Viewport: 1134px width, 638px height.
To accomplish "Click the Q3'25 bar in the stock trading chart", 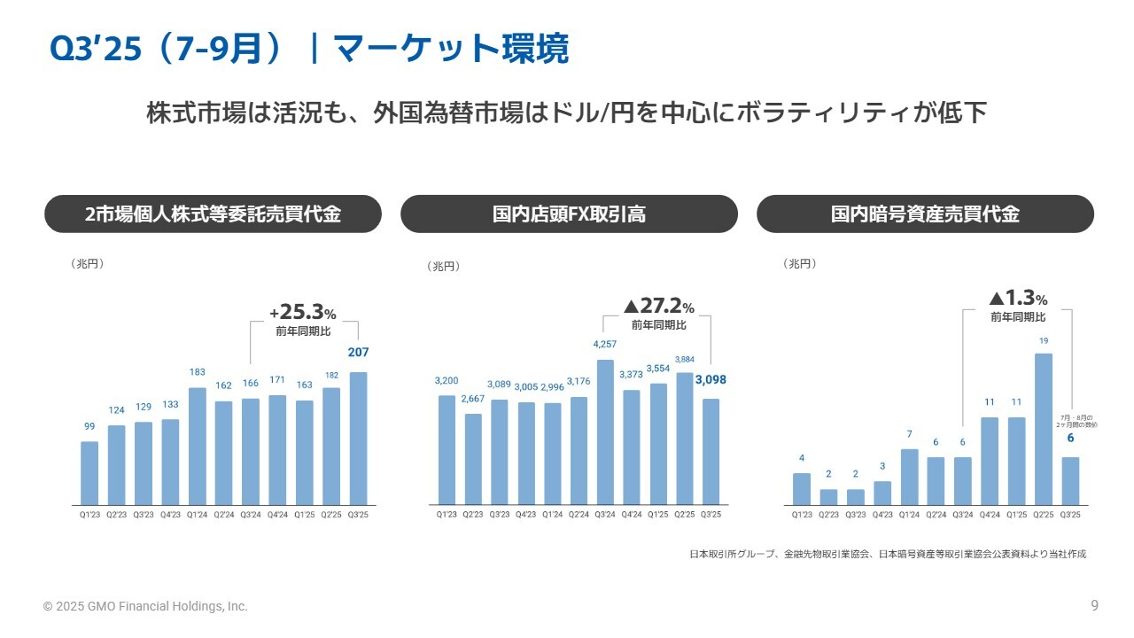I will (x=358, y=439).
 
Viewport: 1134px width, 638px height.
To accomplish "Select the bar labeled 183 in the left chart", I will (x=198, y=446).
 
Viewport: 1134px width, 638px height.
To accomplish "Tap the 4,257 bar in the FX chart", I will (x=605, y=432).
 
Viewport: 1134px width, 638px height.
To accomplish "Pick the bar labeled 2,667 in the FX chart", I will (x=473, y=459).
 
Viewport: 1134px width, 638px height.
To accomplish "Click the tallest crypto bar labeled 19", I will (x=1044, y=429).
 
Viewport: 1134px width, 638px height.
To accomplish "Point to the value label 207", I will (x=358, y=353).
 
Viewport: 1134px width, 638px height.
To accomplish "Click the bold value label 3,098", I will (x=711, y=380).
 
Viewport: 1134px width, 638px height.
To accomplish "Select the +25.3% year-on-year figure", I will (x=303, y=313).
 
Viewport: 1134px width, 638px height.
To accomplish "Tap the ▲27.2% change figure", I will (x=658, y=307).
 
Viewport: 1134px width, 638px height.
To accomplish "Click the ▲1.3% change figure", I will (x=1018, y=299).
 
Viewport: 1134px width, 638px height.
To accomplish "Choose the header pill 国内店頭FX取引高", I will (x=569, y=214).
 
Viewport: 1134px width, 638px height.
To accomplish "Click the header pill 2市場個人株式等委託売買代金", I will (x=213, y=214).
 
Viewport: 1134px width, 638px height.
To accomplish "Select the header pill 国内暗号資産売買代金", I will (x=925, y=214).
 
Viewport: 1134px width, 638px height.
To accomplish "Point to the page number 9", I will (x=1094, y=606).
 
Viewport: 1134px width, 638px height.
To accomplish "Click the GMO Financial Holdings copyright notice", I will (x=146, y=607).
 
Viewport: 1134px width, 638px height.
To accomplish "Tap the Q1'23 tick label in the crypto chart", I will (x=802, y=514).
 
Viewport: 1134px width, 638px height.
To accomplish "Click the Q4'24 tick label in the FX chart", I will (x=632, y=514).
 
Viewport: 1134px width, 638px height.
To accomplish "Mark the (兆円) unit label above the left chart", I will (x=87, y=264).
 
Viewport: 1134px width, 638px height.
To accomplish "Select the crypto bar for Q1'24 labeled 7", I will (x=909, y=477).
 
